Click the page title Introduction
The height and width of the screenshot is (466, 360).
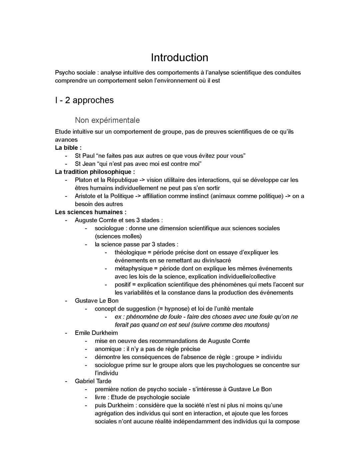point(179,57)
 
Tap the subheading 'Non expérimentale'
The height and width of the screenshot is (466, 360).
point(107,120)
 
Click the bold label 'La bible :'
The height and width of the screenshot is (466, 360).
point(68,147)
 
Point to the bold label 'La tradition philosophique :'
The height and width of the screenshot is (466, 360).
point(95,172)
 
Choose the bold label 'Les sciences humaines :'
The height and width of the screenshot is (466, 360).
point(90,212)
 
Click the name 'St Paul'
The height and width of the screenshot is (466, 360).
point(85,156)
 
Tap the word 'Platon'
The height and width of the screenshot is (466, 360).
point(83,180)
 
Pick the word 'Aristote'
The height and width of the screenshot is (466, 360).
point(85,196)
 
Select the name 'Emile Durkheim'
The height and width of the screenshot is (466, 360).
point(96,333)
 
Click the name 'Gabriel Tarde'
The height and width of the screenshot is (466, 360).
point(93,381)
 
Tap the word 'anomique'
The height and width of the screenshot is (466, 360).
point(108,349)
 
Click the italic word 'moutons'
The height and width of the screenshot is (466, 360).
point(257,325)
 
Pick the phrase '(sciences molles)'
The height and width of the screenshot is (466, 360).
point(118,237)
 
